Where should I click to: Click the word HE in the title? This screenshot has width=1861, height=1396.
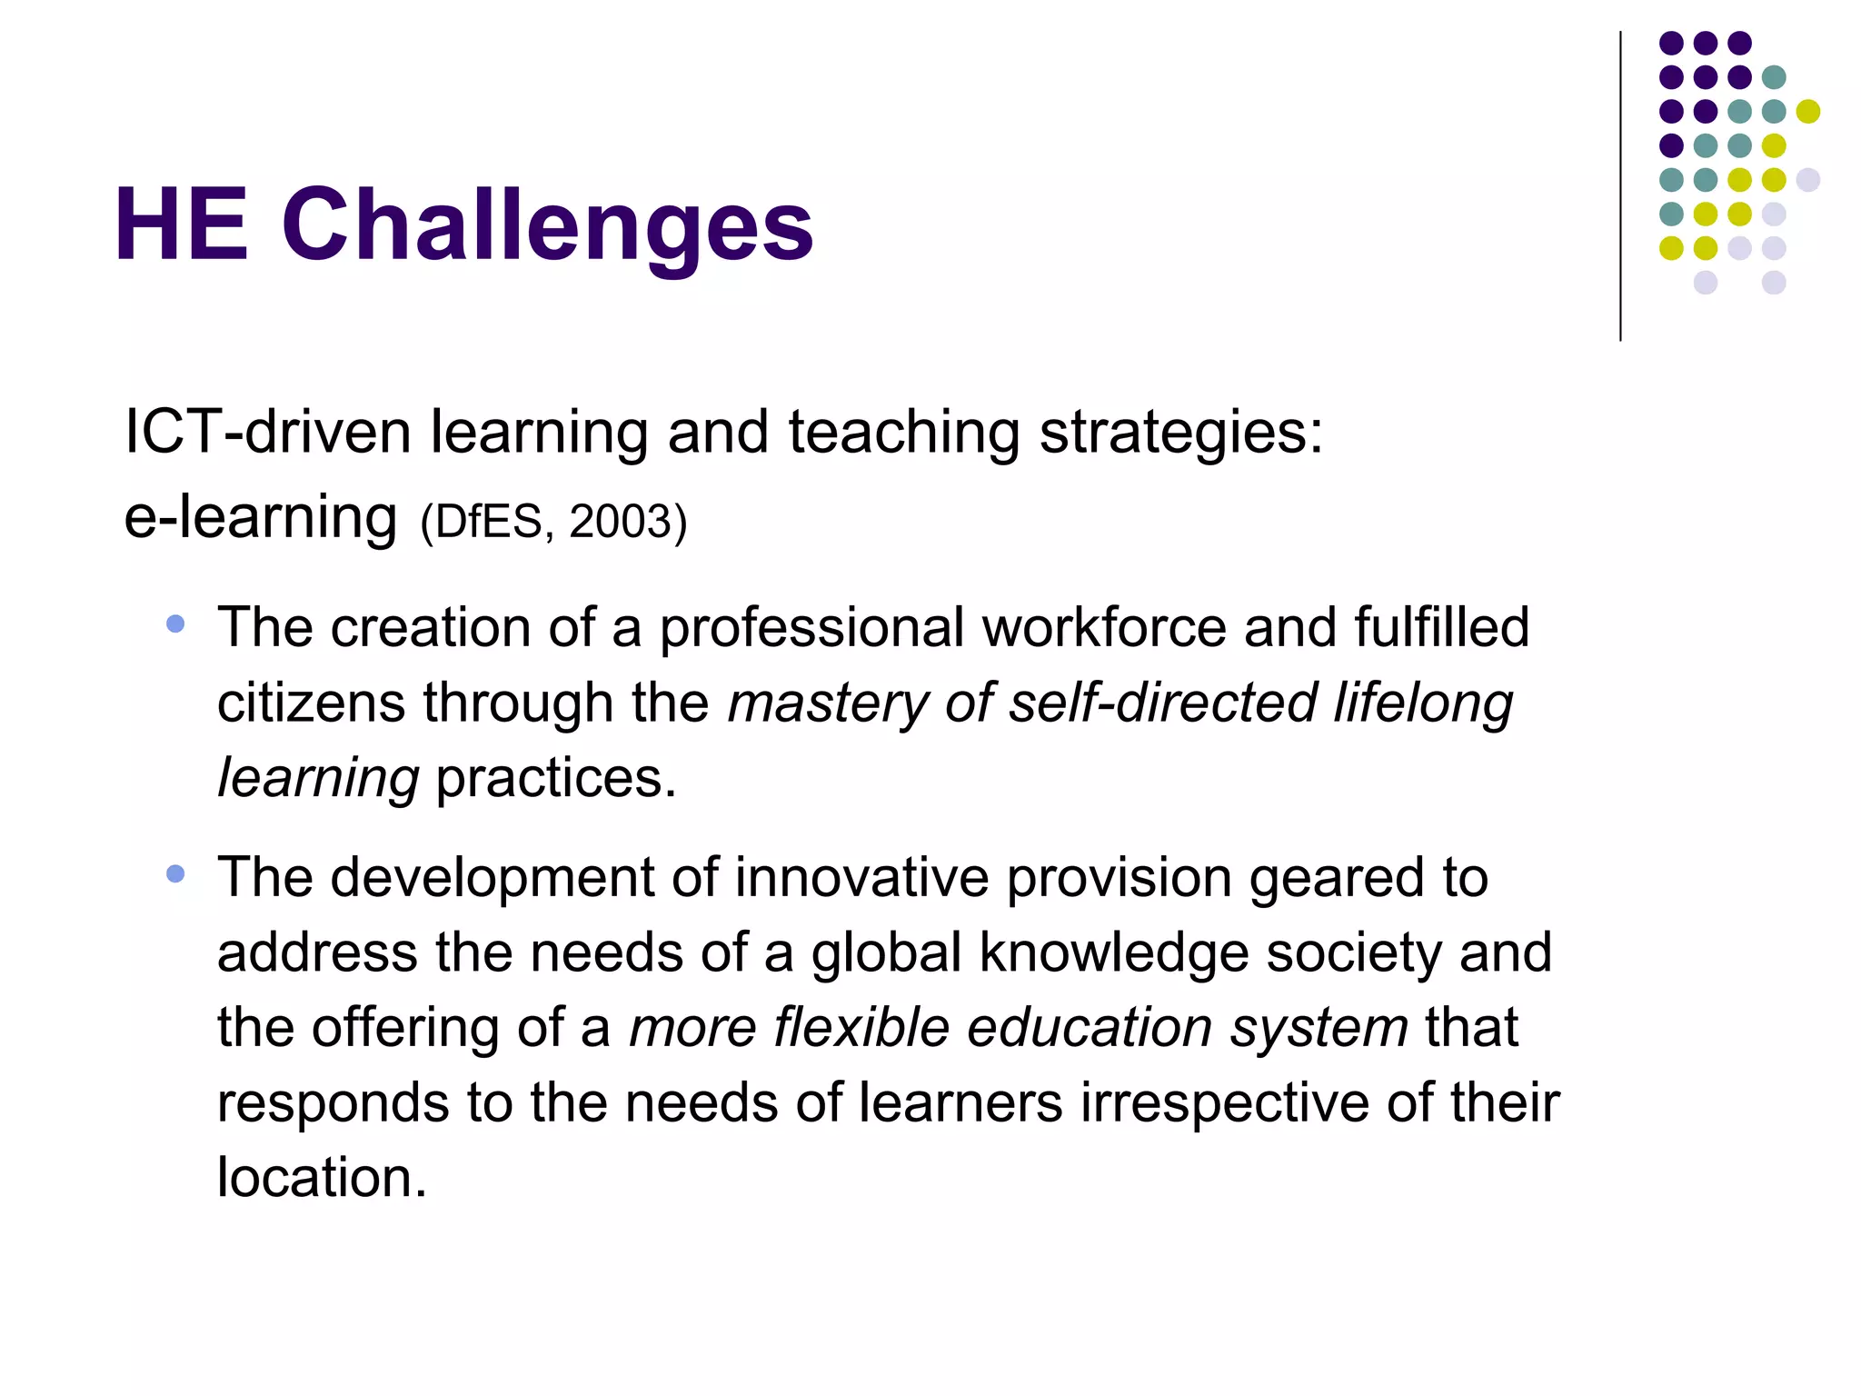[x=182, y=224]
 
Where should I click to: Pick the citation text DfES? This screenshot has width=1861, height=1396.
[x=489, y=522]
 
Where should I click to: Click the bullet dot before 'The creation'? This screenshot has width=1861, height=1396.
[x=175, y=624]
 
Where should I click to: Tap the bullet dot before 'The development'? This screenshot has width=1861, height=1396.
[x=175, y=874]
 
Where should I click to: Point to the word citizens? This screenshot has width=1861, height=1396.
[x=311, y=703]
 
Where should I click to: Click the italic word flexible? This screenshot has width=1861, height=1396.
[x=861, y=1028]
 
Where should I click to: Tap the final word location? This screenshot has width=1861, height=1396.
[x=321, y=1178]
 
